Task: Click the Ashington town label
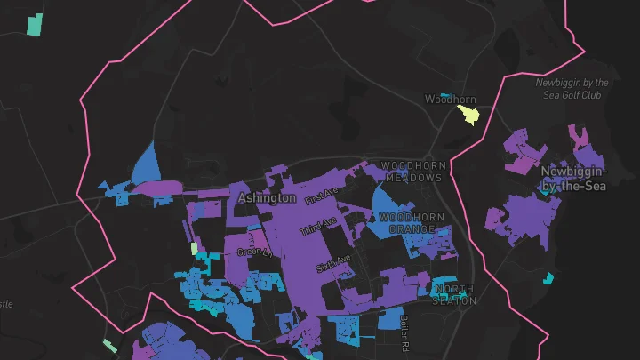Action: click(x=267, y=197)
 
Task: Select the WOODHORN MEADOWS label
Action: click(x=412, y=172)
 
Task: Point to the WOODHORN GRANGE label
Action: click(x=412, y=223)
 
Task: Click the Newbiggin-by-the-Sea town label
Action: click(x=573, y=178)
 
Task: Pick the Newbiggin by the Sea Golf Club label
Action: click(x=573, y=88)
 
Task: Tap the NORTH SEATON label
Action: click(x=454, y=295)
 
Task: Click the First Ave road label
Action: click(x=322, y=196)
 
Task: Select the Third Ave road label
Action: click(x=319, y=226)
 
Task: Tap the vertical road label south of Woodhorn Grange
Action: click(x=404, y=332)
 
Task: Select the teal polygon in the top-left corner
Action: click(x=35, y=25)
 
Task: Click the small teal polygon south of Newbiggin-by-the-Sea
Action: click(x=548, y=278)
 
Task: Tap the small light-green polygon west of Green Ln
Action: click(x=194, y=249)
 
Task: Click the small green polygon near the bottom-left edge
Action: click(x=109, y=345)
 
